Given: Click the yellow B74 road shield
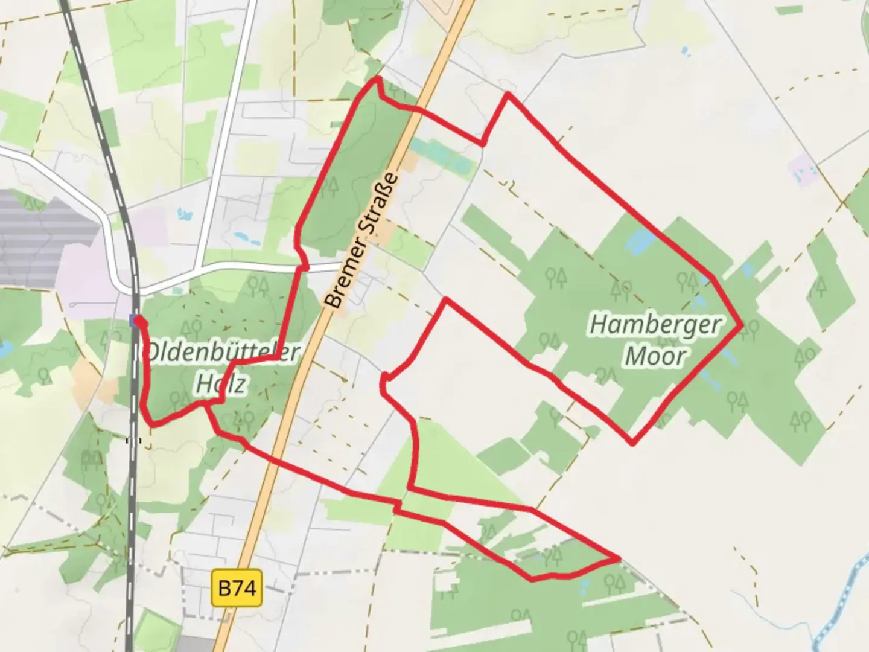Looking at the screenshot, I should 238,587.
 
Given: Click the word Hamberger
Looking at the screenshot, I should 655,325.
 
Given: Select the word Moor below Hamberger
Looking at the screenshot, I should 655,356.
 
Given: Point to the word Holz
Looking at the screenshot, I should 221,383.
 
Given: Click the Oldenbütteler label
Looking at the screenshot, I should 223,352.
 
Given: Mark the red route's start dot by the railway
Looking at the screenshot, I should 139,322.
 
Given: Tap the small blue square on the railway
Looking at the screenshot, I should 133,321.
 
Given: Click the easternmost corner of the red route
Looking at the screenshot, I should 741,325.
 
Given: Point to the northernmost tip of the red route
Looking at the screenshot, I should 378,79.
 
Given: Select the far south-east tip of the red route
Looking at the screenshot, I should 618,559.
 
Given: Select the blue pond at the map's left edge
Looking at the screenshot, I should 5,350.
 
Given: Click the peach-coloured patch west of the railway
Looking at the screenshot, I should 91,380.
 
